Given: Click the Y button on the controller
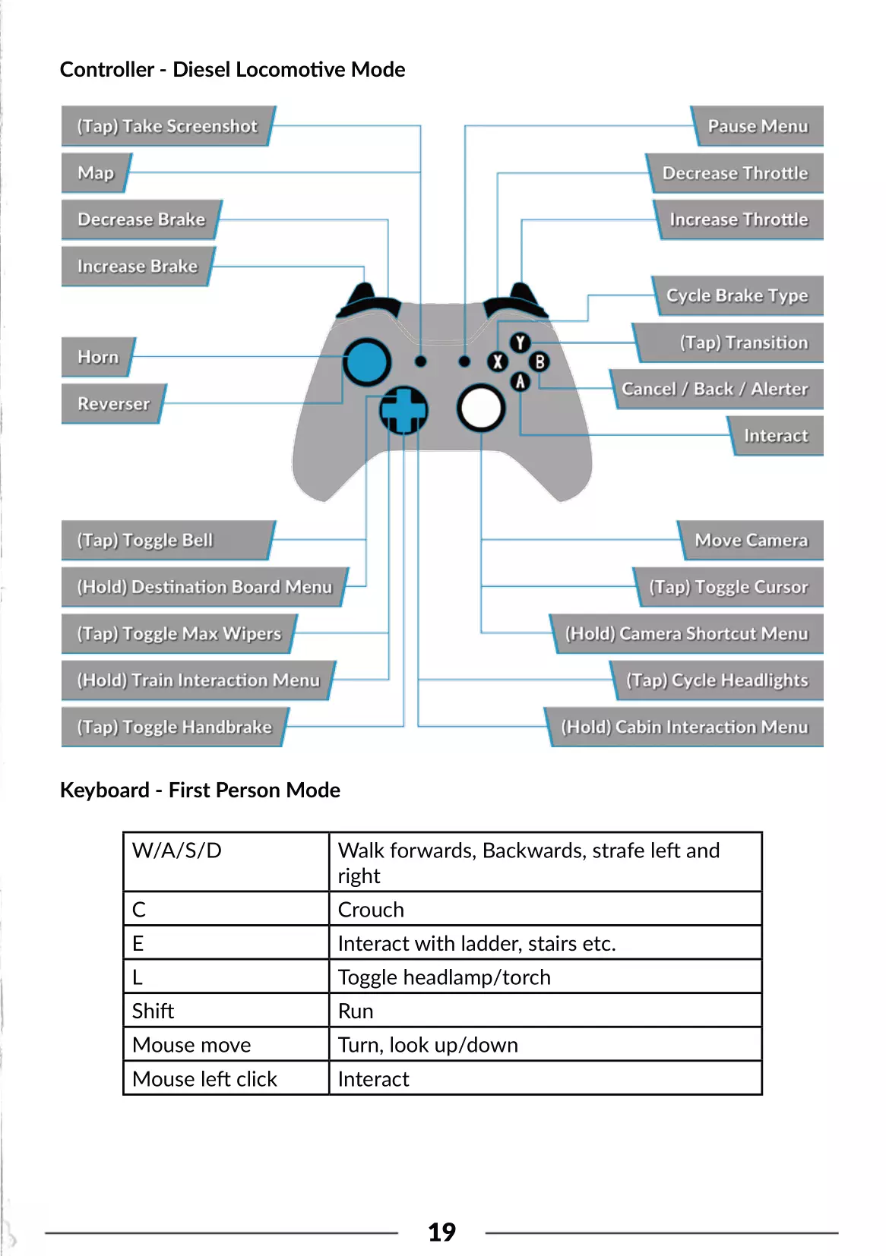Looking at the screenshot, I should pos(520,342).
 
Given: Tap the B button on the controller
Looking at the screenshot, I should pos(540,361).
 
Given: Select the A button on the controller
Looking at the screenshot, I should pos(520,381).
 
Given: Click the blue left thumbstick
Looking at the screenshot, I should pos(367,361).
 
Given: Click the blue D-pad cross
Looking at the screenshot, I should pos(403,410).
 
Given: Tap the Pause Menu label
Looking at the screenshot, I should pos(758,126).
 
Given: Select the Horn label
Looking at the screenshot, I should pos(98,357).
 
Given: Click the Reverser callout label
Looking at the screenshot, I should pos(113,404).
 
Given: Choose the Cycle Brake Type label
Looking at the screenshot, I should pos(736,295).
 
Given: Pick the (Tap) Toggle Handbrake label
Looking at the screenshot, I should pos(174,727).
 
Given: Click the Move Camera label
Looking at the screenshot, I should pos(751,540).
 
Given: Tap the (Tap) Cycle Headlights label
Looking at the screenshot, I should pos(717,680).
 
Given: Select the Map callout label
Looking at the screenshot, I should pos(96,173).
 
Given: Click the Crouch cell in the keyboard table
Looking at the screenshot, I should pos(371,909).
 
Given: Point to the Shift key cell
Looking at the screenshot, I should pos(153,1011).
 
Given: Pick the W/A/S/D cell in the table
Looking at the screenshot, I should pos(177,850).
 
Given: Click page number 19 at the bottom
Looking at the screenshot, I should pos(441,1232).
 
